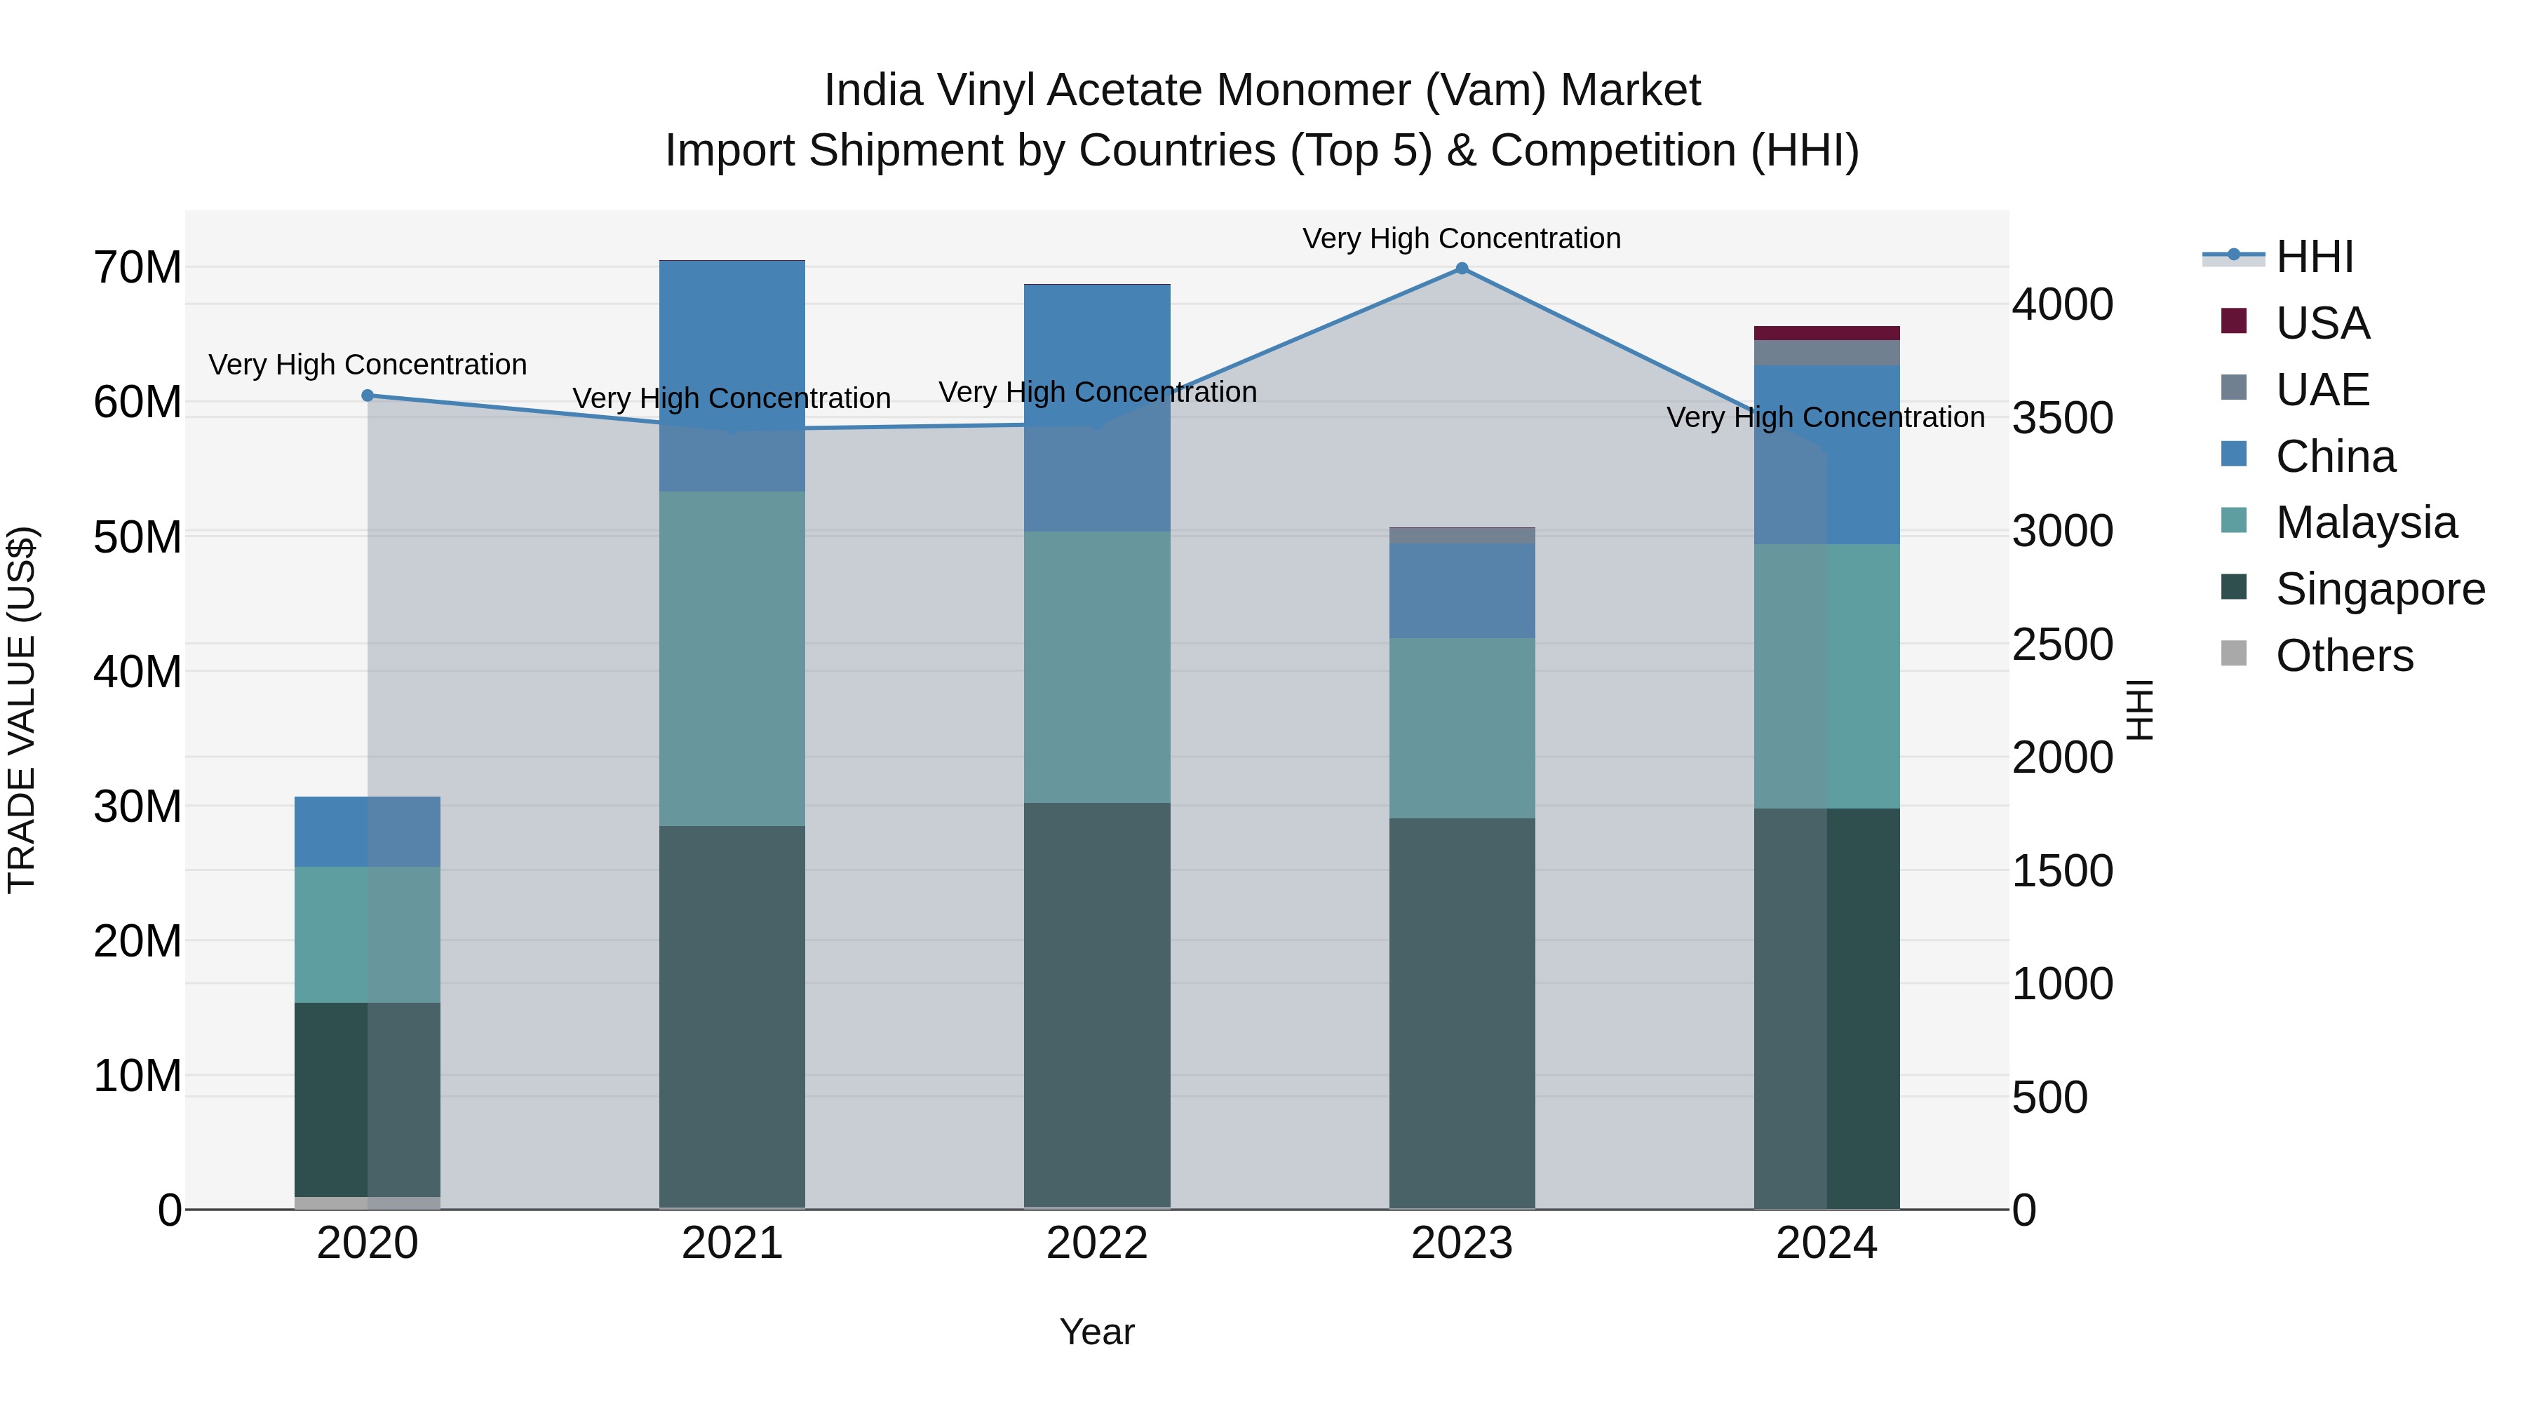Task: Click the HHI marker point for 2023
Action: pos(1462,269)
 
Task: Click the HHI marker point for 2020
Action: pos(368,396)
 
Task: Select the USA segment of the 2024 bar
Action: pos(1826,333)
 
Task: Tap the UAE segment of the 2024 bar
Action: pos(1826,353)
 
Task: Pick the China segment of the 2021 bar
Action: pos(732,375)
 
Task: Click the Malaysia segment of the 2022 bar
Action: pos(1097,666)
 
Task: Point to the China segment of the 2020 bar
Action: pos(368,831)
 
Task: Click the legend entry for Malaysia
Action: pos(2365,522)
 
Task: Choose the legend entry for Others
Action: pos(2343,656)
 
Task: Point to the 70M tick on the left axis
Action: pos(137,268)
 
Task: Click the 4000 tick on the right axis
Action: pos(2062,305)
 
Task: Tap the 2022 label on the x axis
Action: pos(1097,1243)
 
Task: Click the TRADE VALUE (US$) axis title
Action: pos(22,710)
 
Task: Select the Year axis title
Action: pos(1097,1332)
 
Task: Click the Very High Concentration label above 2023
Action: pos(1462,238)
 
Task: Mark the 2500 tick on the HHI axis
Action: pos(2062,645)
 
